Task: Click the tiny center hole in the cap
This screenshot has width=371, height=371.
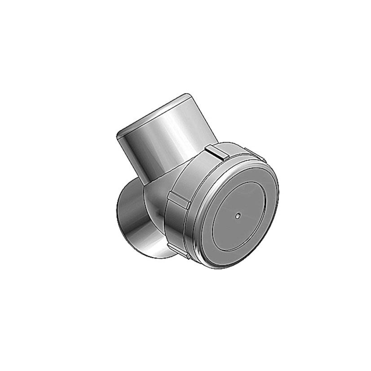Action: coord(238,215)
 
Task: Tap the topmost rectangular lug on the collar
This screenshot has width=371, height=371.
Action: coord(215,152)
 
